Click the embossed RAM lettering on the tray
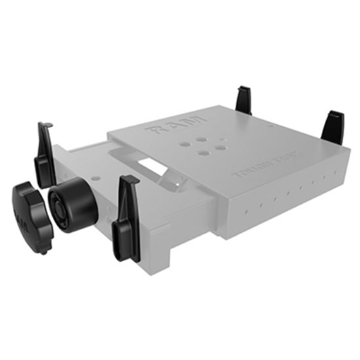(x=173, y=126)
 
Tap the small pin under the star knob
(x=43, y=249)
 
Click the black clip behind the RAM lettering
(x=245, y=101)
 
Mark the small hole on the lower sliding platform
(x=98, y=175)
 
